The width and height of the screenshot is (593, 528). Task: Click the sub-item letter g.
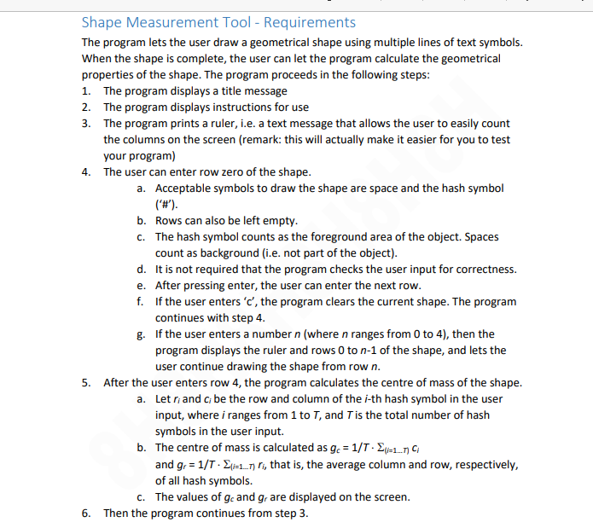click(141, 334)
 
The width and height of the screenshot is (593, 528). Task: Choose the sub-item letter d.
click(141, 270)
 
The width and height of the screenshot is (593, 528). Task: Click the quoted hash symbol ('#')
click(166, 205)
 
